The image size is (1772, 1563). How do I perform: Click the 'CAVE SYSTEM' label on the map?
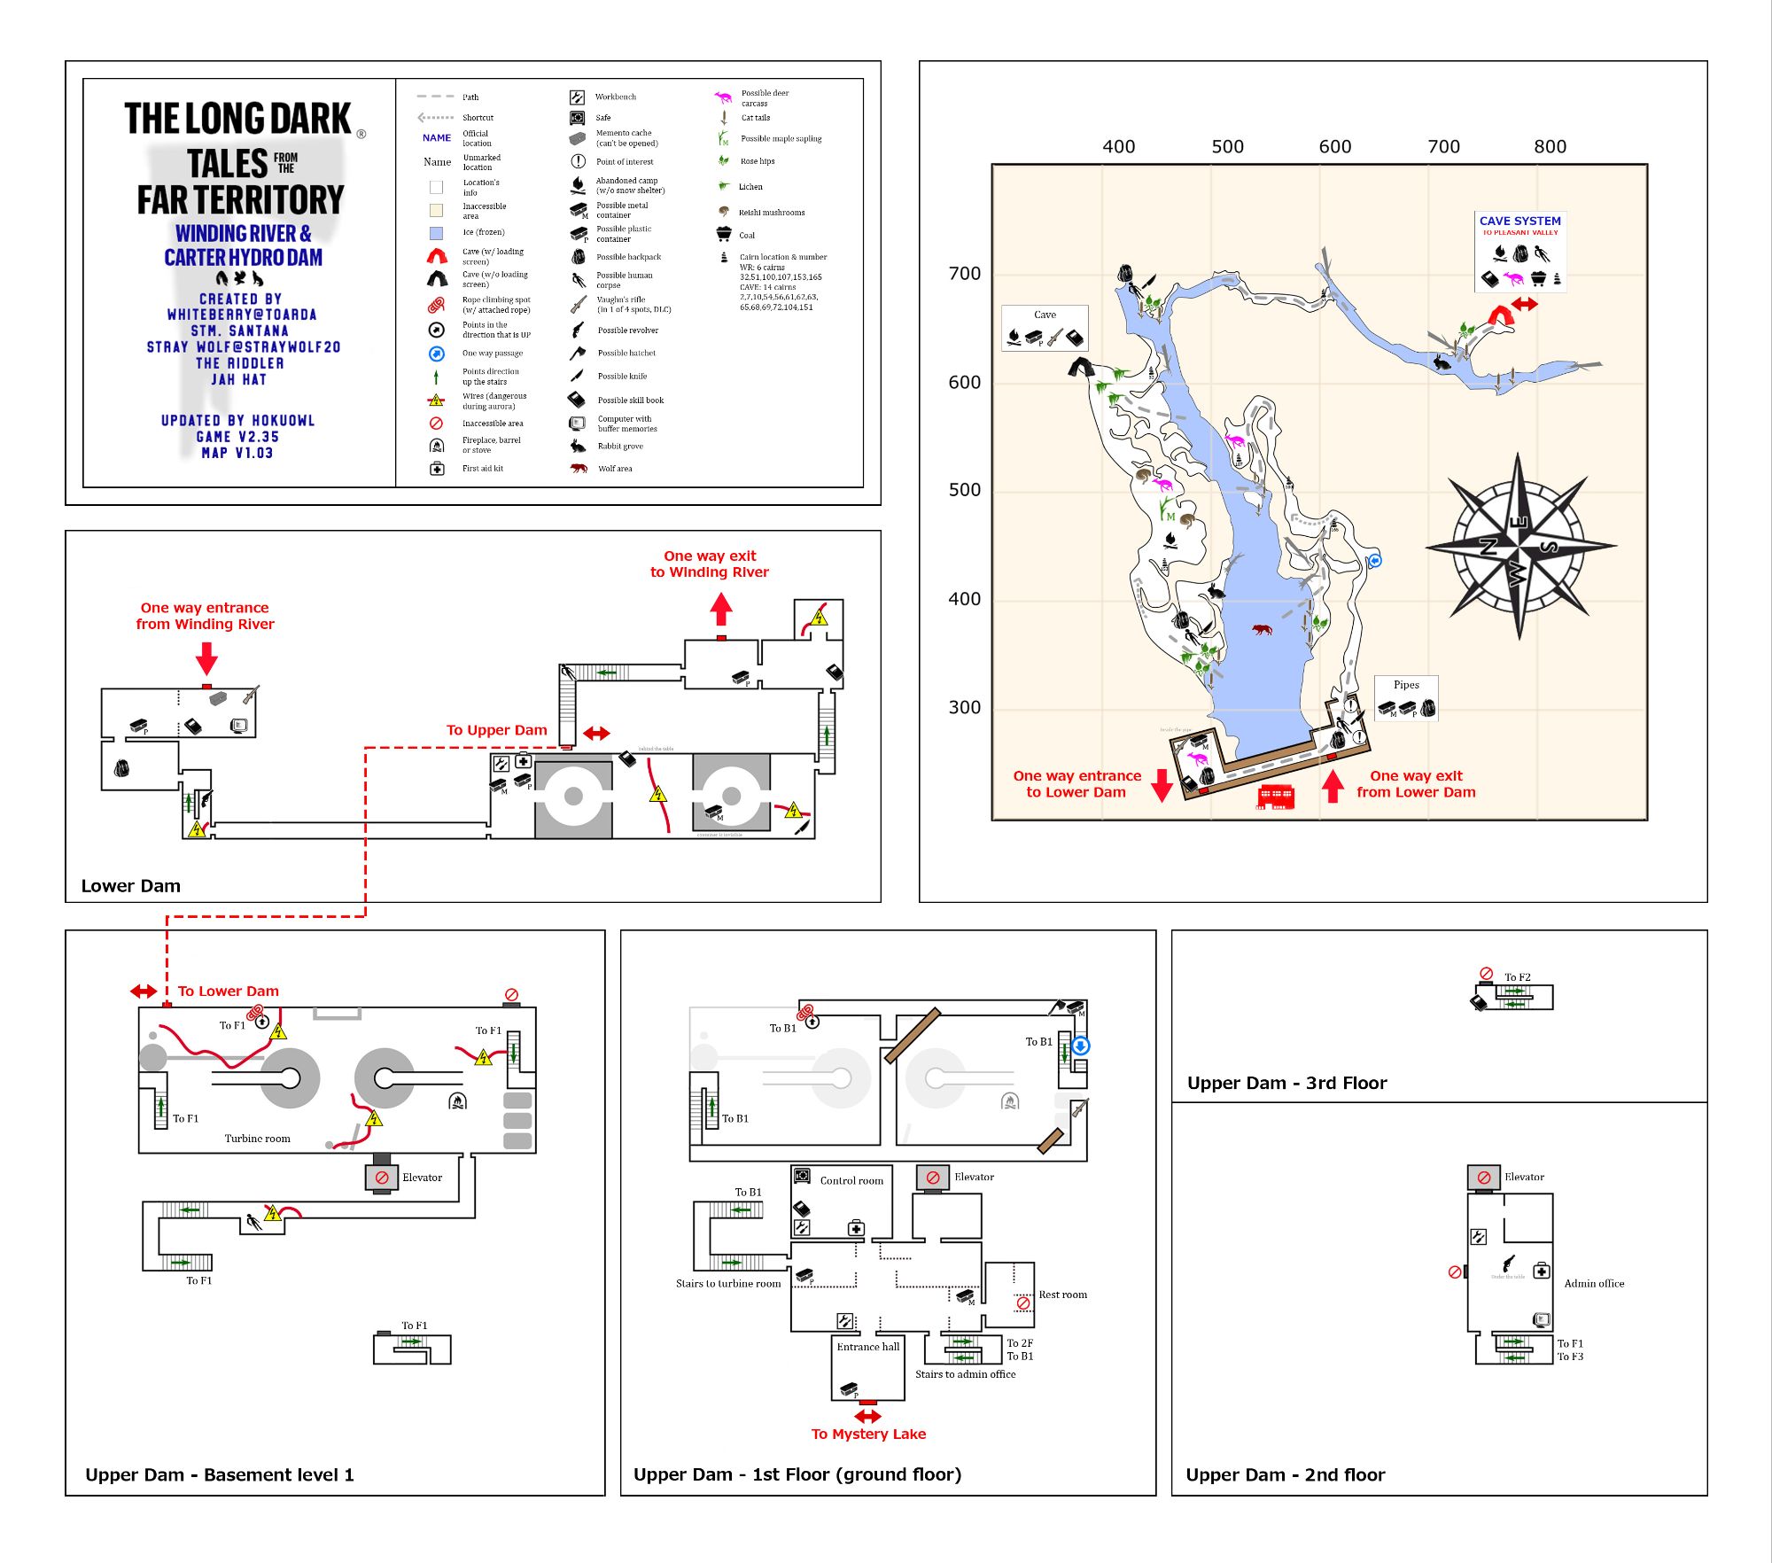click(x=1519, y=221)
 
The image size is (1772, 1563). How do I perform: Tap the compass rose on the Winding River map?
click(x=1519, y=546)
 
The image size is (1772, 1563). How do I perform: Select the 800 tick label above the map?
click(x=1550, y=147)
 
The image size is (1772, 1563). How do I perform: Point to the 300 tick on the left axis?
click(x=964, y=707)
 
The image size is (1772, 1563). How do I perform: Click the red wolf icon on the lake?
click(x=1261, y=630)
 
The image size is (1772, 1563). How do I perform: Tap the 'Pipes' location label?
click(x=1406, y=685)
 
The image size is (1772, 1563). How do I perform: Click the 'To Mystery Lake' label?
click(x=868, y=1434)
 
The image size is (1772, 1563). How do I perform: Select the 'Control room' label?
click(x=851, y=1180)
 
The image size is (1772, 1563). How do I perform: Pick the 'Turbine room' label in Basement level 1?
click(x=257, y=1139)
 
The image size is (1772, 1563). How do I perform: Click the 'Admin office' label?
click(x=1594, y=1283)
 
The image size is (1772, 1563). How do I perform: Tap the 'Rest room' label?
click(x=1062, y=1295)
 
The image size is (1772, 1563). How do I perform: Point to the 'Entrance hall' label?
click(x=867, y=1347)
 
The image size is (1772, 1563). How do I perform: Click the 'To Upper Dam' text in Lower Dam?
click(x=496, y=730)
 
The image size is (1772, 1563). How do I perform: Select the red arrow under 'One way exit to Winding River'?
click(x=721, y=610)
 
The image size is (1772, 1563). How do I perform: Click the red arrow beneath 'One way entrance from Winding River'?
click(x=206, y=658)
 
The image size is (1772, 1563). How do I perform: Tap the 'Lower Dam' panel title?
click(x=131, y=886)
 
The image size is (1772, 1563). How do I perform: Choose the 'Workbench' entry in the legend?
click(x=615, y=97)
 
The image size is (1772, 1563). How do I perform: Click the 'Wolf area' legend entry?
click(x=615, y=469)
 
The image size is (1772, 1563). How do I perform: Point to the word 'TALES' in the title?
click(x=228, y=164)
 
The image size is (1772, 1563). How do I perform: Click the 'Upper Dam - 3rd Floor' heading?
click(x=1286, y=1083)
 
